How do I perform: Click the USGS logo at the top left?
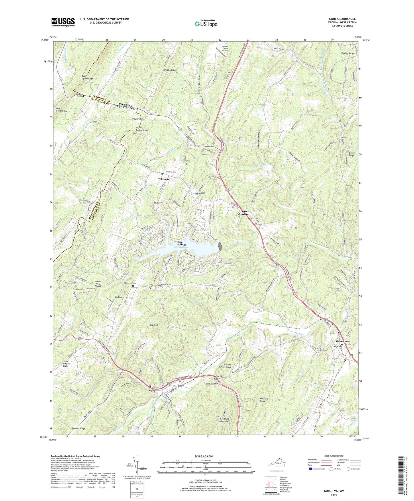pyautogui.click(x=63, y=22)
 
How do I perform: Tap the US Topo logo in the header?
pyautogui.click(x=206, y=24)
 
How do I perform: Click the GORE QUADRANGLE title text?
pyautogui.click(x=342, y=19)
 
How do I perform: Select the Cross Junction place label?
pyautogui.click(x=244, y=213)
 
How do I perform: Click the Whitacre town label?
pyautogui.click(x=164, y=179)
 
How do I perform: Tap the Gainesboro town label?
pyautogui.click(x=343, y=341)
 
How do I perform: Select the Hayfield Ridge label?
pyautogui.click(x=258, y=400)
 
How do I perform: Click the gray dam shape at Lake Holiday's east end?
pyautogui.click(x=220, y=246)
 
